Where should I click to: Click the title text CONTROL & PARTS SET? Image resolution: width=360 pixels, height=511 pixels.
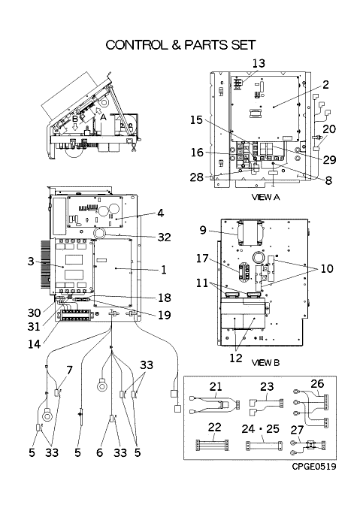pyautogui.click(x=180, y=45)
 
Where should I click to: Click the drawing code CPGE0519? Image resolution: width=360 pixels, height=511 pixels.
pyautogui.click(x=313, y=466)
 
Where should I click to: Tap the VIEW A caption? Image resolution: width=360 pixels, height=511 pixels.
pyautogui.click(x=265, y=197)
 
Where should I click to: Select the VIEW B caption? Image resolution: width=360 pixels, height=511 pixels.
pyautogui.click(x=265, y=362)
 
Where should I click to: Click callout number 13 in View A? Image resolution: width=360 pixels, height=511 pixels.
pyautogui.click(x=259, y=64)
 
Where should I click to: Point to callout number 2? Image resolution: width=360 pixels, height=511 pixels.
pyautogui.click(x=325, y=85)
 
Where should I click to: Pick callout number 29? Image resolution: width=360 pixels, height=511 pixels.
pyautogui.click(x=329, y=159)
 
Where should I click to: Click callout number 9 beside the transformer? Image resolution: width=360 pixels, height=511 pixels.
pyautogui.click(x=203, y=230)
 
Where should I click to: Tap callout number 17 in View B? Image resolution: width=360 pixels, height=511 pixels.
pyautogui.click(x=202, y=259)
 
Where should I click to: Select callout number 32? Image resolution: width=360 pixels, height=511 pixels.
pyautogui.click(x=164, y=237)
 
